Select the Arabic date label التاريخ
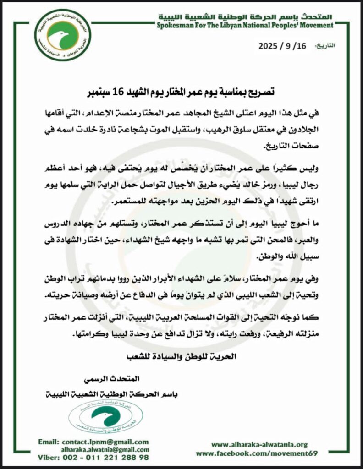326,46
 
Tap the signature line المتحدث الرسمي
112,380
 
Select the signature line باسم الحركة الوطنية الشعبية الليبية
112,394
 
